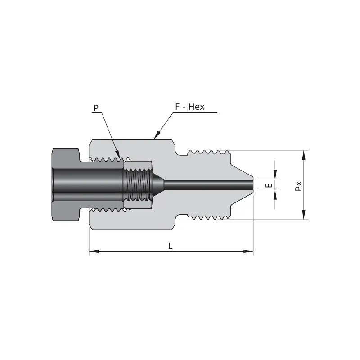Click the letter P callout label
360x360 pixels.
(x=96, y=108)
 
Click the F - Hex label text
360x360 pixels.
(x=189, y=107)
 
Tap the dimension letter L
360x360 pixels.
(x=170, y=246)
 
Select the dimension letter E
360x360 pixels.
(x=269, y=185)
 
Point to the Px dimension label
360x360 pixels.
(x=298, y=186)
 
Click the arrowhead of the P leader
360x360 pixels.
(x=118, y=154)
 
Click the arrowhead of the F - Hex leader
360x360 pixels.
(x=157, y=135)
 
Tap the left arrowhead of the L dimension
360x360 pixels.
(x=94, y=252)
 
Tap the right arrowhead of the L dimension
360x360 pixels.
(x=248, y=252)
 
